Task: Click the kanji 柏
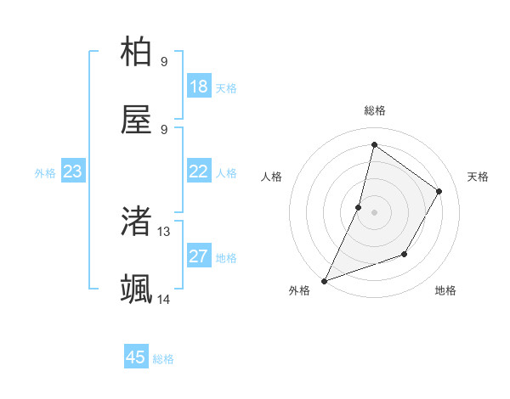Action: point(137,53)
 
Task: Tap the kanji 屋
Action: point(137,121)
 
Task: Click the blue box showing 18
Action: point(199,87)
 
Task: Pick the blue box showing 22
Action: point(199,171)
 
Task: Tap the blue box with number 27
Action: point(199,256)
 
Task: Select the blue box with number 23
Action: point(72,171)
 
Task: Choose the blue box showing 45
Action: point(136,357)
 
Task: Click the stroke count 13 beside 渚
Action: point(164,231)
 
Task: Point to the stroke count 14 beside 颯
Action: point(164,299)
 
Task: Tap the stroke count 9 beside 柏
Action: point(164,62)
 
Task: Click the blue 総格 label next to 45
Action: point(163,359)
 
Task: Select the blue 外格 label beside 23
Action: point(45,173)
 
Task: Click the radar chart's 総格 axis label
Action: point(374,110)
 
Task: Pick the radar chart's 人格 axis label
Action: point(272,177)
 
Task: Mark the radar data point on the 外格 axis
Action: point(324,280)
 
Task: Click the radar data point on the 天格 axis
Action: point(439,191)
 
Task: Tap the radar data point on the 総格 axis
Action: point(374,144)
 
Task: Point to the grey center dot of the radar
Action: point(374,212)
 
